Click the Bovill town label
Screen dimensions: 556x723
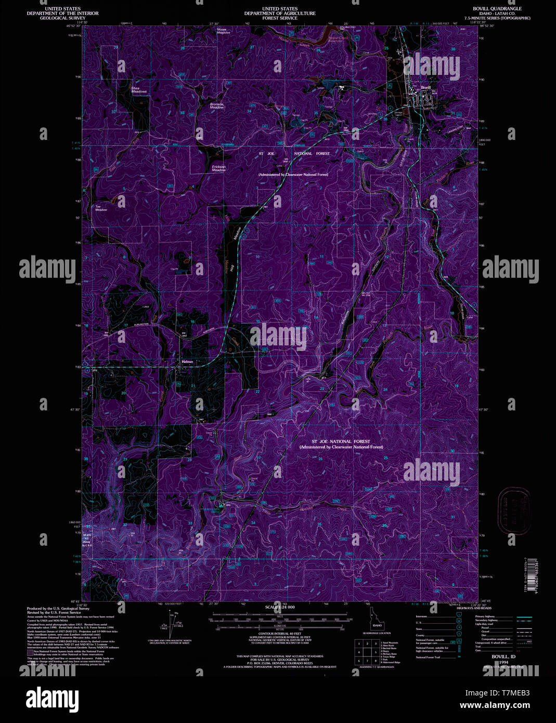(x=426, y=88)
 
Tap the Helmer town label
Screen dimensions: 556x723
(x=187, y=361)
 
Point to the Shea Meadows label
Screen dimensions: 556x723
(x=139, y=89)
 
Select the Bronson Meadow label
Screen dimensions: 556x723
(x=217, y=106)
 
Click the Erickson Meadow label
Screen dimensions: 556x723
(x=218, y=169)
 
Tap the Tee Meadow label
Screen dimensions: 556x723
(x=101, y=208)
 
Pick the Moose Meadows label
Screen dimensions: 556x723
(x=223, y=31)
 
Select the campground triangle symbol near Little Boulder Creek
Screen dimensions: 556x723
(x=222, y=505)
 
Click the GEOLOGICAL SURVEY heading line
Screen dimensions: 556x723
(x=62, y=18)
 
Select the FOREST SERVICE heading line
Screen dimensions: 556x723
(x=280, y=18)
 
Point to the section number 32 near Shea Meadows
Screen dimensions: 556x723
(x=114, y=112)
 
